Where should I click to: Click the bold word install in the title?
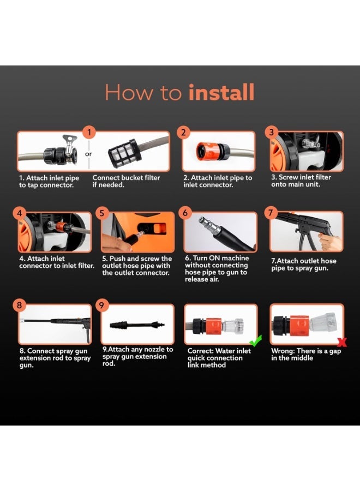pos(221,93)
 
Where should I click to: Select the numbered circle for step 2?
pos(184,132)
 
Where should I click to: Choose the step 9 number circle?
pos(101,306)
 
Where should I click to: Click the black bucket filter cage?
pos(123,151)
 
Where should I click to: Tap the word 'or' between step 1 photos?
pos(89,153)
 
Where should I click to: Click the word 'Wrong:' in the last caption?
pos(284,351)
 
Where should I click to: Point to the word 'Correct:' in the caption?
pos(202,351)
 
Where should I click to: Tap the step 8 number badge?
pos(20,306)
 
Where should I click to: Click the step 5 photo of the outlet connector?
pos(137,232)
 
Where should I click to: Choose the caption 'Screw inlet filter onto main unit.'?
pos(301,181)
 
